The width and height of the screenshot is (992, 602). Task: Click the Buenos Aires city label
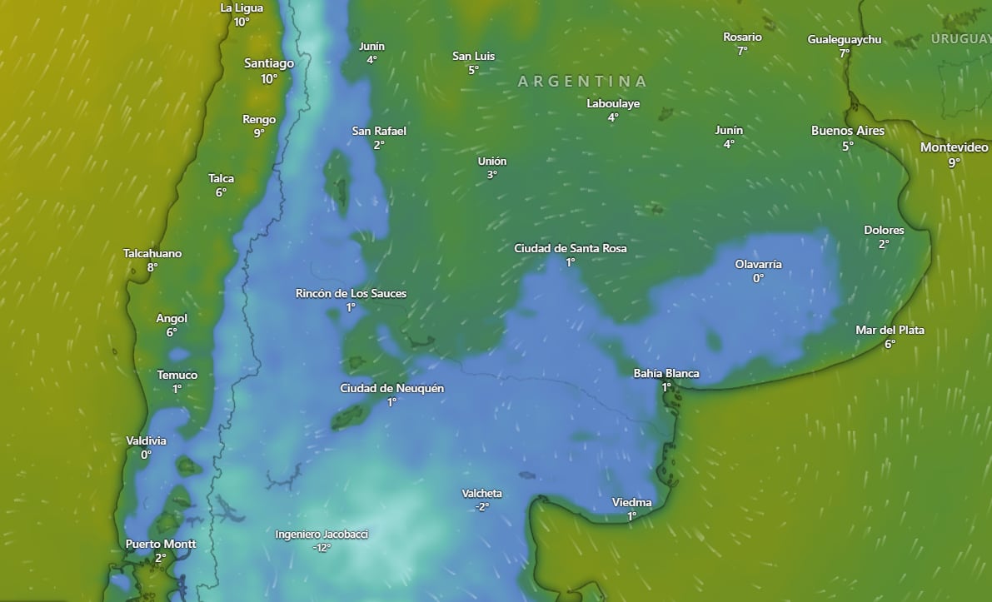[848, 131]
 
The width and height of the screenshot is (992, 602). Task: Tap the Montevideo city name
[954, 147]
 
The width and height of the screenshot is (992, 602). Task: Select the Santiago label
[269, 63]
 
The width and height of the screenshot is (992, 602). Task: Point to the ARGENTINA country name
[582, 82]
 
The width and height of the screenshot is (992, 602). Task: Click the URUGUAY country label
[960, 39]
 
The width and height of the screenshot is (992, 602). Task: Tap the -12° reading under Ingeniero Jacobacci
[322, 548]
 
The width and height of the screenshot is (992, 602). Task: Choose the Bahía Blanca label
[666, 373]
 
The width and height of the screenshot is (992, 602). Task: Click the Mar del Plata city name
[890, 330]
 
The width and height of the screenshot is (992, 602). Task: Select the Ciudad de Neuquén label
[391, 388]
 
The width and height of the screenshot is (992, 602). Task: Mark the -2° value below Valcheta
[481, 507]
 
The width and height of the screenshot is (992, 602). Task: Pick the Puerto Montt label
[161, 545]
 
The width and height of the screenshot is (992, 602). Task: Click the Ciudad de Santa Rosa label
[571, 248]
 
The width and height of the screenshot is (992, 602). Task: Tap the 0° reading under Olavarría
[758, 278]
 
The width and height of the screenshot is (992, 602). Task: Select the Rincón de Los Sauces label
[351, 293]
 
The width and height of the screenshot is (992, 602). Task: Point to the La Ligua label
[242, 8]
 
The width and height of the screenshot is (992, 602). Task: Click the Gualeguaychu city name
[844, 39]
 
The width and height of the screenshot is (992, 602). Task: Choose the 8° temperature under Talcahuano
[152, 267]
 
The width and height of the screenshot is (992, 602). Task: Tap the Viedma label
[631, 502]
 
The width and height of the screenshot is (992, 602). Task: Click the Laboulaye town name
[613, 104]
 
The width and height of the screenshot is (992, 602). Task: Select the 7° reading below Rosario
[742, 51]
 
